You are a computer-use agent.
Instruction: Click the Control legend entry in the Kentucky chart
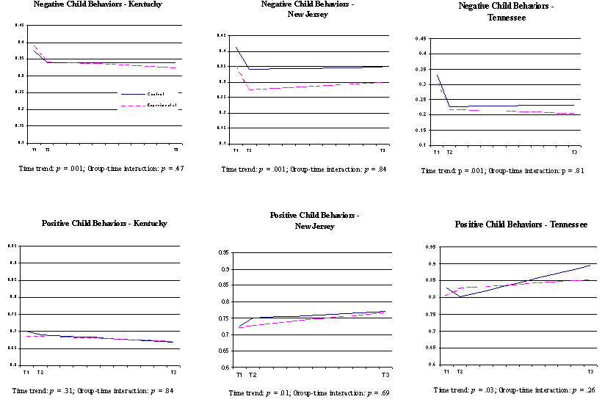(156, 94)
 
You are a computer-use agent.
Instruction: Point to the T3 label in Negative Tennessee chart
(575, 152)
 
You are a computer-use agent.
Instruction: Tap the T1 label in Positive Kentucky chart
(26, 373)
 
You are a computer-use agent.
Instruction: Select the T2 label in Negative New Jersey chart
(249, 151)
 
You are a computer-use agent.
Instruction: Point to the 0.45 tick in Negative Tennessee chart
(422, 38)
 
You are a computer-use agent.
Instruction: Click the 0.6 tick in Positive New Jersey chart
(227, 367)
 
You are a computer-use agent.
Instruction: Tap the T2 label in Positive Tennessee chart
(460, 372)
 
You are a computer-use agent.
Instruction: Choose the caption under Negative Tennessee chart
(512, 171)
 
